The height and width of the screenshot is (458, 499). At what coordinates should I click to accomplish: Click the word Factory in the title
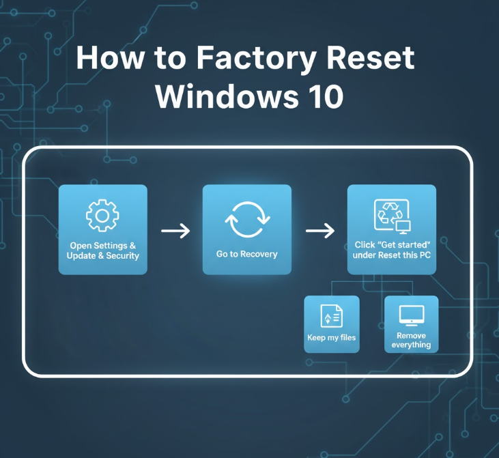point(244,59)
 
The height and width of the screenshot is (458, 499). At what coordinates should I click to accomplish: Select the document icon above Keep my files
point(331,316)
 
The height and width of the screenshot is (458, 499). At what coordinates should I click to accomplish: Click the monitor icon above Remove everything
point(411,315)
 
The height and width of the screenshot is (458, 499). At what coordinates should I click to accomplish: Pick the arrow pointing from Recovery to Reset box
point(319,231)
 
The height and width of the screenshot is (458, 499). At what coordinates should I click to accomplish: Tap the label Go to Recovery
point(246,254)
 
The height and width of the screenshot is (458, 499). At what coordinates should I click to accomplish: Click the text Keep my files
point(331,338)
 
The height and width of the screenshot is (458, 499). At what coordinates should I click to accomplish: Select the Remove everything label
point(411,340)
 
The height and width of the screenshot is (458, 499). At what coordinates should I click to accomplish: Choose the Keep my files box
point(331,324)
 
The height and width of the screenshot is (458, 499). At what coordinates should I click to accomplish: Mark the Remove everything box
point(411,324)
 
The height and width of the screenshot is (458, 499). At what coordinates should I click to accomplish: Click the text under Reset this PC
point(392,255)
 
